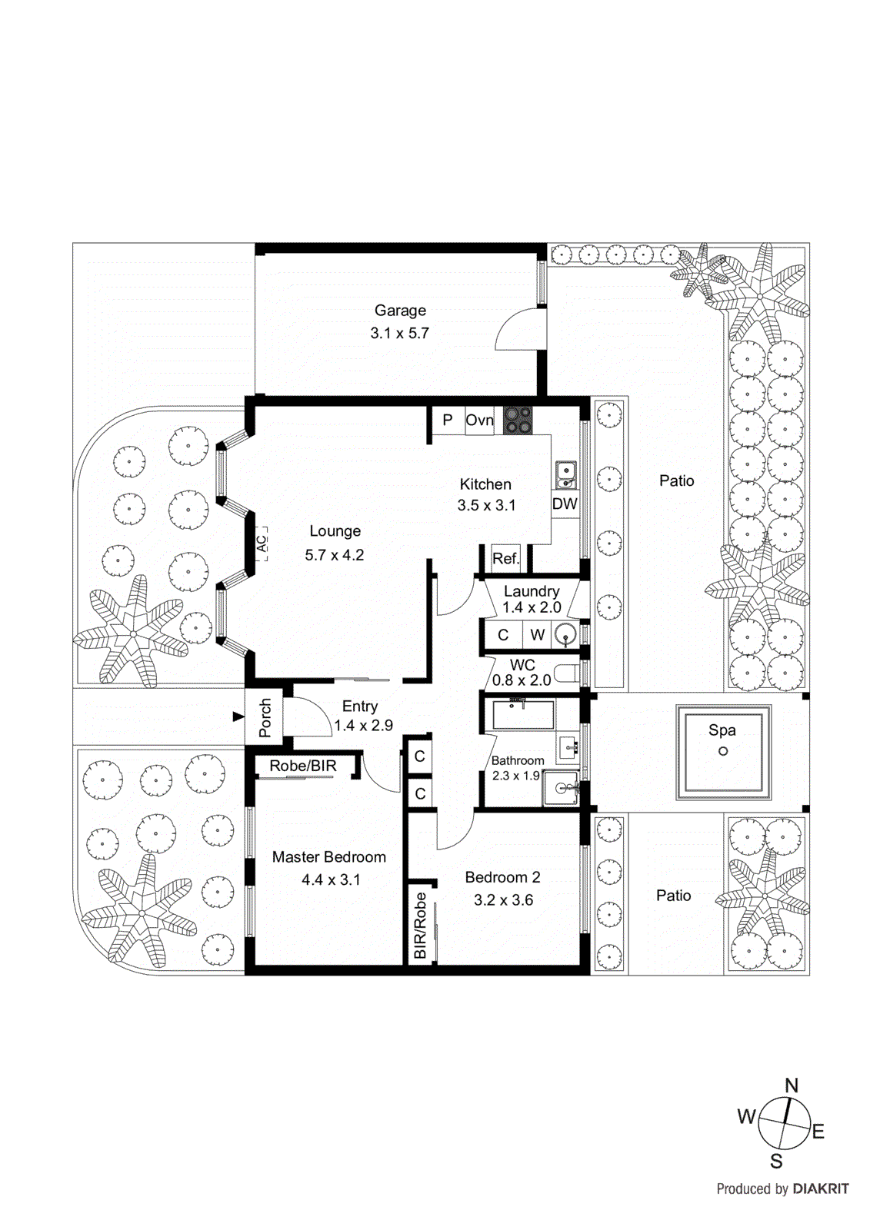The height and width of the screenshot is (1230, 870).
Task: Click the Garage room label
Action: click(x=400, y=311)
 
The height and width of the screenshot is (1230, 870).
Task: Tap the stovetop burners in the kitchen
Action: click(x=517, y=421)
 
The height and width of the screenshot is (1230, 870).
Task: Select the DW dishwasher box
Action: click(x=565, y=504)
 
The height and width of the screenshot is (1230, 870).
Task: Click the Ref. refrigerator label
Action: click(x=505, y=558)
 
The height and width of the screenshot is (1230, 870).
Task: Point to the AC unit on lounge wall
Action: click(x=262, y=543)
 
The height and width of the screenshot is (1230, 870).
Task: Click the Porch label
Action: click(x=265, y=717)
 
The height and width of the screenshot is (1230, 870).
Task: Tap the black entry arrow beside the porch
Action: click(x=238, y=716)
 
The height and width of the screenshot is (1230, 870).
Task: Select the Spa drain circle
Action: click(x=722, y=751)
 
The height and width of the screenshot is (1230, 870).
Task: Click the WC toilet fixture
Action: click(x=567, y=674)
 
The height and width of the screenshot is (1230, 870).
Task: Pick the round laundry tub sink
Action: click(x=565, y=635)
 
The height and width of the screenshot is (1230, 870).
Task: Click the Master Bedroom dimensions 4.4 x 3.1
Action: click(x=331, y=879)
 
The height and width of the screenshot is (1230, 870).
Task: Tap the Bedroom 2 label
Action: click(x=502, y=877)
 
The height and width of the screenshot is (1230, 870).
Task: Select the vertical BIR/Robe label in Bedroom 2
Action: click(x=420, y=925)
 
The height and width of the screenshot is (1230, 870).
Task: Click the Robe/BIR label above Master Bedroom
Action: click(x=303, y=766)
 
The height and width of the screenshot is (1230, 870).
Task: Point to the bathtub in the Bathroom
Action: click(x=523, y=714)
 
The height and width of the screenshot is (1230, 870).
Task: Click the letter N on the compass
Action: click(x=792, y=1085)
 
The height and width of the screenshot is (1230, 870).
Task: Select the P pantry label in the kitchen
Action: click(x=447, y=421)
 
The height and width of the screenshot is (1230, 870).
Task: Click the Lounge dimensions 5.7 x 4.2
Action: click(x=335, y=554)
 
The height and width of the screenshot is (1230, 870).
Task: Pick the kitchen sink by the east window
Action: click(x=565, y=474)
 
